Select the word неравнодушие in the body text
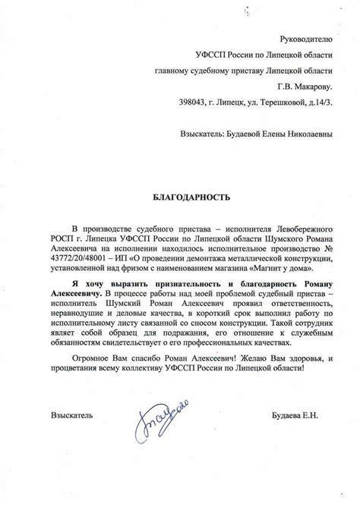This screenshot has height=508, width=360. pyautogui.click(x=87, y=313)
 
